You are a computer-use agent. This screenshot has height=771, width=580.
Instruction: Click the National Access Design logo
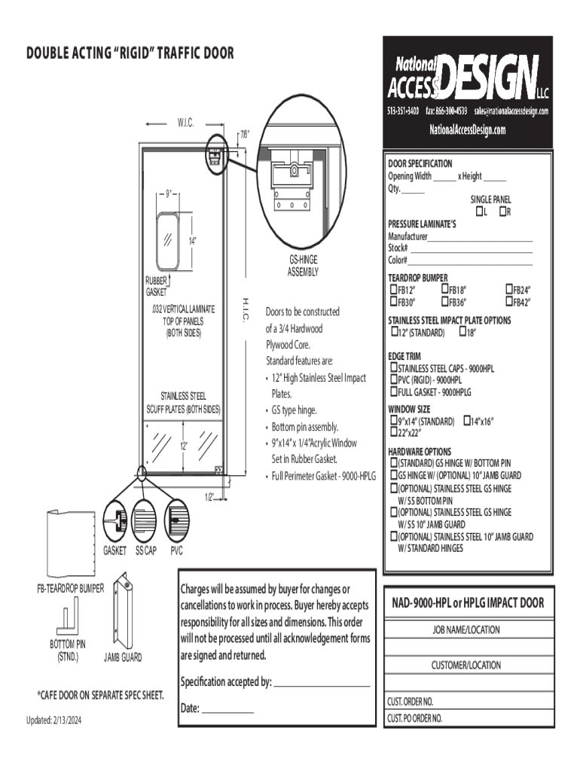click(467, 78)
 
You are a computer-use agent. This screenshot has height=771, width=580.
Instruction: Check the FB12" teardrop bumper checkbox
click(393, 290)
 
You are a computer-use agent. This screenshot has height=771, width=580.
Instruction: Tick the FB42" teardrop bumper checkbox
click(508, 302)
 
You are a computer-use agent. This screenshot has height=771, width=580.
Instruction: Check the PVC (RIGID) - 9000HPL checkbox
click(393, 380)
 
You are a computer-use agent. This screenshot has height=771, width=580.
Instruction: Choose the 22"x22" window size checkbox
click(393, 432)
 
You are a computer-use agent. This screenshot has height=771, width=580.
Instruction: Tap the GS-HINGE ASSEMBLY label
click(304, 265)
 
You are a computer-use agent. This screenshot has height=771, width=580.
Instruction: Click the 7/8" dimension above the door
click(244, 135)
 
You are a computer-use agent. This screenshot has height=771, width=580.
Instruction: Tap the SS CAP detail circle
click(145, 519)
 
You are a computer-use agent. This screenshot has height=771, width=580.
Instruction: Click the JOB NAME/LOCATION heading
click(466, 629)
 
